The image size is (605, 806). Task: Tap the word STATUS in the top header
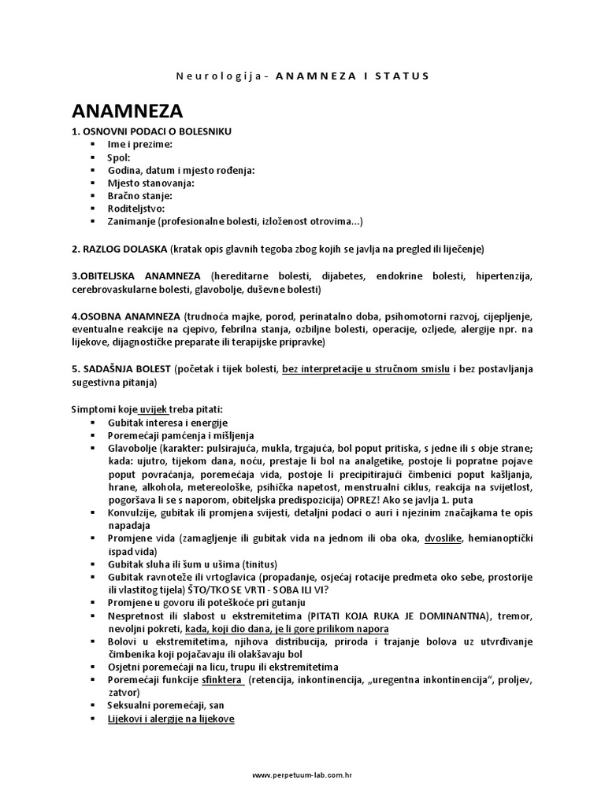tap(401, 76)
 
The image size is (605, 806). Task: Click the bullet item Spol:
tap(119, 157)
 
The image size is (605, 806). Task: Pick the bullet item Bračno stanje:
tap(139, 195)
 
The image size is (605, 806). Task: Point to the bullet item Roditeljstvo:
tap(136, 209)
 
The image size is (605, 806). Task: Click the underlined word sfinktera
tap(221, 680)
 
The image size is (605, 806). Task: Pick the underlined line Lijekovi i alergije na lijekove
tap(171, 719)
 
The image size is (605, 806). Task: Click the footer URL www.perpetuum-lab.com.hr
tap(302, 775)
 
